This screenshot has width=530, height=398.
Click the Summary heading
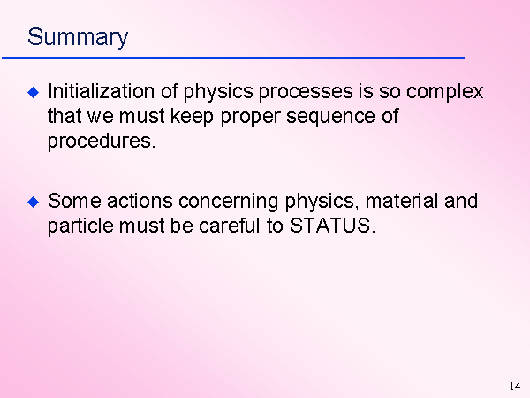coord(78,37)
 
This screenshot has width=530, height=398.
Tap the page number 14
coord(515,387)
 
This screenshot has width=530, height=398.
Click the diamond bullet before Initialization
coord(34,92)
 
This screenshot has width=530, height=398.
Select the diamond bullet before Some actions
coord(34,202)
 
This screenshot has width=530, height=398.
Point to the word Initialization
coord(101,91)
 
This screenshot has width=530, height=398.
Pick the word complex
coord(444,92)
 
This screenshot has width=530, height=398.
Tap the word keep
coord(192,117)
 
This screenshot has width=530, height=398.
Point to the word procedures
coord(102,142)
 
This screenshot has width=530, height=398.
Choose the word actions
coord(140,201)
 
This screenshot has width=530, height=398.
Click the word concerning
coord(228,203)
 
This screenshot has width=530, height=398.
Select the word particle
coord(80,226)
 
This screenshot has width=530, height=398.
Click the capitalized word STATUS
coord(333,226)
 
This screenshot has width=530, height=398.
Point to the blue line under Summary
coord(233,58)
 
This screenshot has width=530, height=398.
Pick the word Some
coord(74,201)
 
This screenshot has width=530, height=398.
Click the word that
coord(64,116)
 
